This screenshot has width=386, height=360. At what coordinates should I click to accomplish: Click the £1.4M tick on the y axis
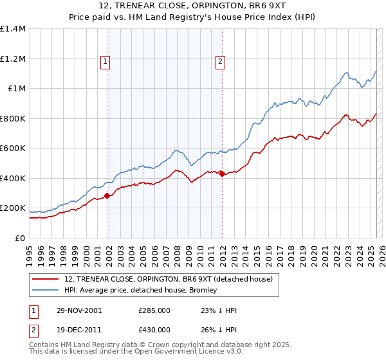tap(12, 29)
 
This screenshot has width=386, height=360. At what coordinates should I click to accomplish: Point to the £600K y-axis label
tap(12, 148)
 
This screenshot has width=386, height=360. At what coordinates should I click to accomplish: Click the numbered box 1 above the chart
tap(105, 62)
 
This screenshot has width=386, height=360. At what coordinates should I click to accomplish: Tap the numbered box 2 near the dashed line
tap(220, 62)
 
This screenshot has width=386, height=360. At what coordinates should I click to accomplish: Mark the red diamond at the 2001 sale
tap(107, 195)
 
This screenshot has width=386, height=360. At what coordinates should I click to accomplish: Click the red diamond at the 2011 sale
tap(222, 174)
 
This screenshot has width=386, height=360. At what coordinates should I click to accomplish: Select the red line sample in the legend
tap(46, 279)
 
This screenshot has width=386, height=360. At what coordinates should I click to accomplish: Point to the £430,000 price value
tap(154, 330)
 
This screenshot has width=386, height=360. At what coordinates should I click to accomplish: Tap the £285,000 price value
tap(154, 310)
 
